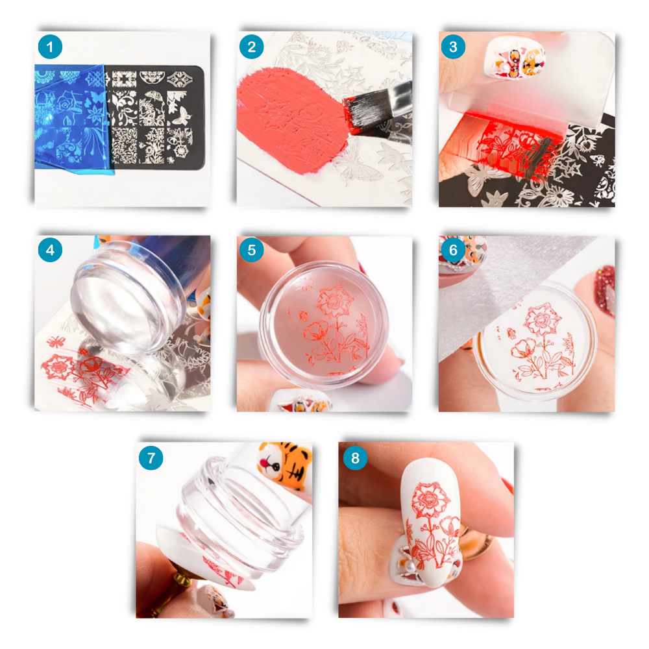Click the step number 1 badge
click(50, 47)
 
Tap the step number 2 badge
click(252, 47)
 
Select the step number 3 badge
click(454, 47)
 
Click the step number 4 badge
click(50, 250)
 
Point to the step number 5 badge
click(252, 250)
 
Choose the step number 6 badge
click(454, 250)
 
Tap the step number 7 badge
click(151, 458)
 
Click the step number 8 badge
click(354, 458)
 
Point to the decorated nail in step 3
click(519, 55)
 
